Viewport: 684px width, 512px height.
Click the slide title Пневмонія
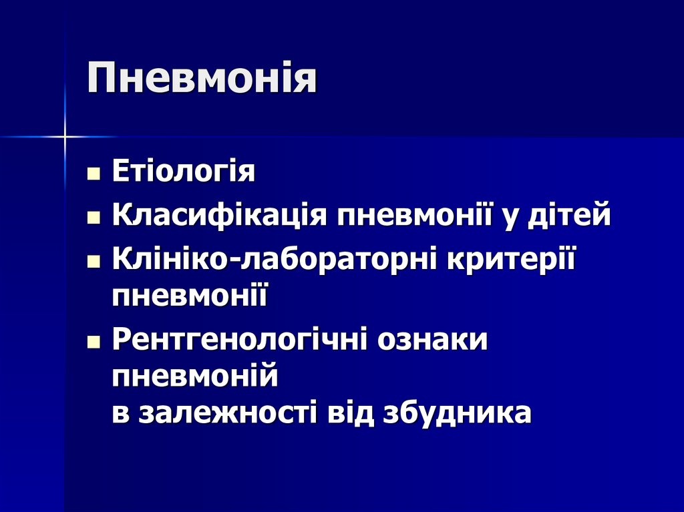pos(202,79)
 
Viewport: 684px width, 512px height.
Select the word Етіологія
pos(184,172)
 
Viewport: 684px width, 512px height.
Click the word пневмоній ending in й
pos(194,378)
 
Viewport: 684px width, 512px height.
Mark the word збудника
pos(458,413)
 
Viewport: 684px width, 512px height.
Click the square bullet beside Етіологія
pos(94,175)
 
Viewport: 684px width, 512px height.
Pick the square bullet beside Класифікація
pos(94,218)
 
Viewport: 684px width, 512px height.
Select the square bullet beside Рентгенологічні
pos(94,343)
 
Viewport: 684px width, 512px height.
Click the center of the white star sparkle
pos(65,137)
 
